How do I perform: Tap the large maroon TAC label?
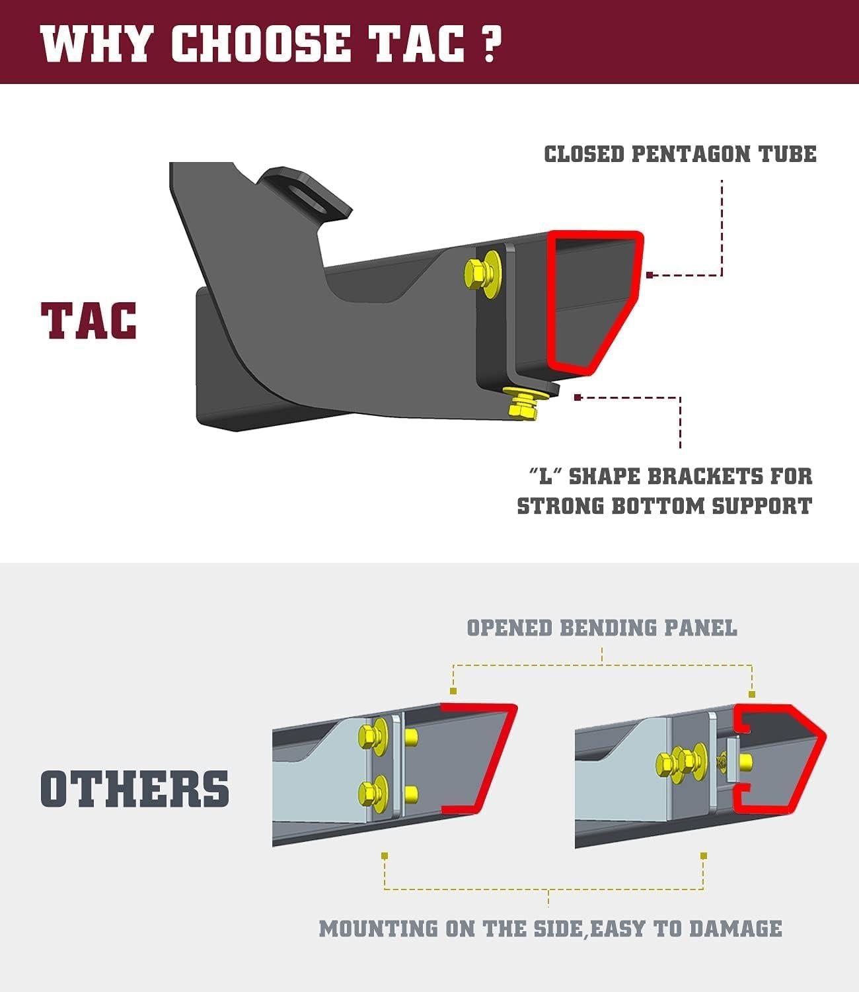pyautogui.click(x=89, y=321)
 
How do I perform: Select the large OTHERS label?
pyautogui.click(x=135, y=788)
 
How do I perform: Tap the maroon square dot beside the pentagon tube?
pyautogui.click(x=650, y=274)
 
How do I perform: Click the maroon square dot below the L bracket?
pyautogui.click(x=578, y=397)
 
